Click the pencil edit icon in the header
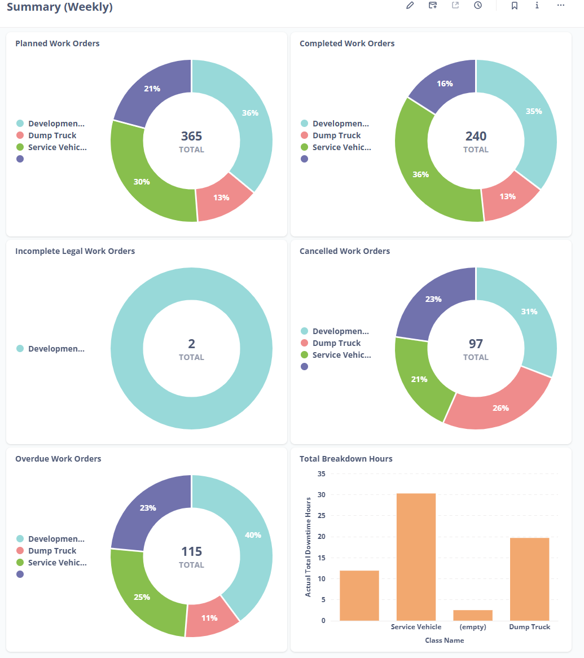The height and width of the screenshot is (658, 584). point(410,5)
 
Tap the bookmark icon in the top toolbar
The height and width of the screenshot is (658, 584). point(515,5)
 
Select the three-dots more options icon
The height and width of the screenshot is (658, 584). point(560,5)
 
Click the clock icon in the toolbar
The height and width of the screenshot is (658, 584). point(478,5)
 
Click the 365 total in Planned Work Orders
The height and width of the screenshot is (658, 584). point(191,136)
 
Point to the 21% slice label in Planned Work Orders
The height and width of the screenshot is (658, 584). point(152,89)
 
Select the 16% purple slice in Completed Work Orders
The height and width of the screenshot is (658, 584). point(445,84)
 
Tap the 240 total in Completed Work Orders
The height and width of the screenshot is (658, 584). point(476,136)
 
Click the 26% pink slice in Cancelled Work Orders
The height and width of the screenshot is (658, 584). point(500,407)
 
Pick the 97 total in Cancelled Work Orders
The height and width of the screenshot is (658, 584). point(476,344)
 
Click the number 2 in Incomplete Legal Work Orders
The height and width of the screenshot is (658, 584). point(191,344)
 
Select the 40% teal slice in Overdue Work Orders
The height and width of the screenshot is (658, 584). point(253,535)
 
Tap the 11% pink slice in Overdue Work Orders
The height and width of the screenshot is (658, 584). point(209,617)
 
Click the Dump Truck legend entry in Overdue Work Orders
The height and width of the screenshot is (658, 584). point(52,551)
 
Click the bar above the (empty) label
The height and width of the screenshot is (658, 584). point(473,615)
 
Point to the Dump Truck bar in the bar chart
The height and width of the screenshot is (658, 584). point(529,579)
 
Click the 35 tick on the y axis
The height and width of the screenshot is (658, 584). point(322,474)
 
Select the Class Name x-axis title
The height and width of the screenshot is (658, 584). point(445,641)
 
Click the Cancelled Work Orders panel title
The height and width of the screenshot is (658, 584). point(345,251)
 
